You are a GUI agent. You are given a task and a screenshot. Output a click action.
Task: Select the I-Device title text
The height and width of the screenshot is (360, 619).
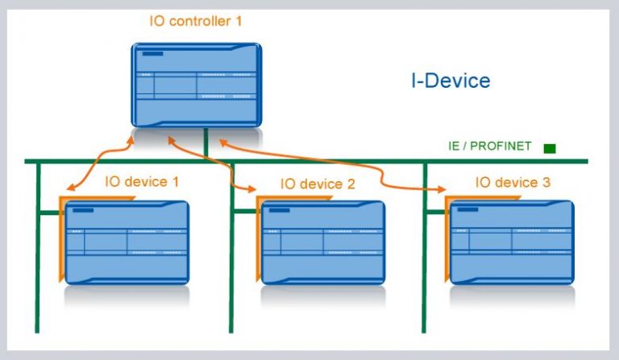[x=451, y=81]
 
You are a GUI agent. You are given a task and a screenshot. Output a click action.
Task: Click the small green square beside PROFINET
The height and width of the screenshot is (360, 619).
[x=550, y=148]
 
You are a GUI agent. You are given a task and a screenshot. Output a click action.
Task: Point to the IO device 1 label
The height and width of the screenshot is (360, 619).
[x=142, y=182]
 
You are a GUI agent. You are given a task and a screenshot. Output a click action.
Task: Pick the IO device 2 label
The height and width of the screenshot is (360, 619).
[x=318, y=184]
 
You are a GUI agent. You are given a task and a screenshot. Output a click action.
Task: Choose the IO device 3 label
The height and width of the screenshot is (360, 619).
[x=513, y=183]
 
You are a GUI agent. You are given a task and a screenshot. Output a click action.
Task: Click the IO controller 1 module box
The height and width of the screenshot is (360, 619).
[x=197, y=85]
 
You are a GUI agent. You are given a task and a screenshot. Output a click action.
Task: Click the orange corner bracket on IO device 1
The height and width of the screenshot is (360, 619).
[x=62, y=238]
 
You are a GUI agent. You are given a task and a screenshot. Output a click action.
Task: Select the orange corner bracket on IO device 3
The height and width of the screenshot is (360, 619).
[x=448, y=238]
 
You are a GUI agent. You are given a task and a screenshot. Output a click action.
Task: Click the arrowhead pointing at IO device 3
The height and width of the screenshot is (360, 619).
[x=442, y=191]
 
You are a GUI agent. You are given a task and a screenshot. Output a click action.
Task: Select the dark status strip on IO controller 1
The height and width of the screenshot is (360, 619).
[x=152, y=54]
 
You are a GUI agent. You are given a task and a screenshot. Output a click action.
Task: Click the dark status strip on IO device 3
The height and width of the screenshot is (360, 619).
[x=467, y=211]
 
